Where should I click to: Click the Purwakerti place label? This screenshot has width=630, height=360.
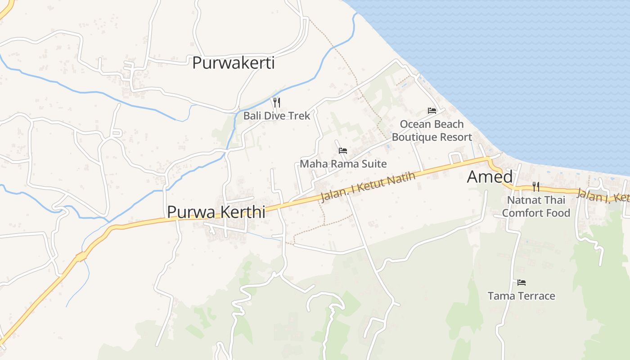pos(233,63)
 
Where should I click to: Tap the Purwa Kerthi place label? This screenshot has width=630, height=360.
pos(216,212)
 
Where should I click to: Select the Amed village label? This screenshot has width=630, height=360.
pos(490,177)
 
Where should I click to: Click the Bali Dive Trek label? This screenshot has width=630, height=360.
pos(277,116)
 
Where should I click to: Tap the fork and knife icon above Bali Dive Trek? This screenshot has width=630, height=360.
pos(277,103)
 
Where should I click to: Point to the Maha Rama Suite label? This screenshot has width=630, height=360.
pos(343,164)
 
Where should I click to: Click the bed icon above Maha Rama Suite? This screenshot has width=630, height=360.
pos(343,151)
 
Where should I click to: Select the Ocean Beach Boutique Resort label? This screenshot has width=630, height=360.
pos(432,130)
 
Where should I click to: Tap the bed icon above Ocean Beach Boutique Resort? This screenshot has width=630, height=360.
pos(432,111)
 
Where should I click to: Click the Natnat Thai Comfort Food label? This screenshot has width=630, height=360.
pos(536,206)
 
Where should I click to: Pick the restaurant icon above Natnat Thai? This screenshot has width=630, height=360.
pos(536,186)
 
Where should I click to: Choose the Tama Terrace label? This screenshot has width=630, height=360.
pos(522,296)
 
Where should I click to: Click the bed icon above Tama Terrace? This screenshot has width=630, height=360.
pos(522,283)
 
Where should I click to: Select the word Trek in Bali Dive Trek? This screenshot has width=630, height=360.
pos(300,116)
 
